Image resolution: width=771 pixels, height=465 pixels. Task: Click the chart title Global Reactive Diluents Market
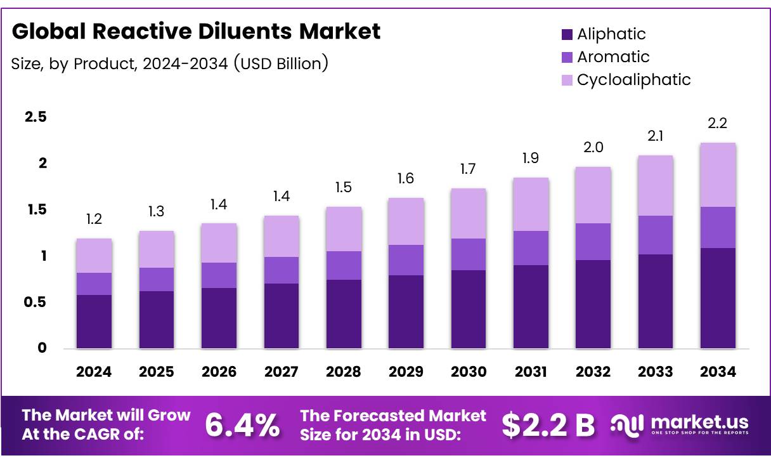[196, 31]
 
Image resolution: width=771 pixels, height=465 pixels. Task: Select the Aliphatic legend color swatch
[567, 34]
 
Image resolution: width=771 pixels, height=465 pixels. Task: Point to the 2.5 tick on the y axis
[36, 117]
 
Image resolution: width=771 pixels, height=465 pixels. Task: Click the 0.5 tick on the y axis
[36, 303]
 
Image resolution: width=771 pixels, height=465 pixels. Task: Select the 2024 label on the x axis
[94, 372]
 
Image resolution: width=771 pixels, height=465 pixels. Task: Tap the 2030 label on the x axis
[469, 372]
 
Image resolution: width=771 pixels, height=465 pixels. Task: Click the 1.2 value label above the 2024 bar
[94, 220]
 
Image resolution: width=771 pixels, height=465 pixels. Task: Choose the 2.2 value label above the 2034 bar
[717, 124]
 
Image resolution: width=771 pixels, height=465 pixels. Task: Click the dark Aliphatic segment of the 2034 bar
[718, 298]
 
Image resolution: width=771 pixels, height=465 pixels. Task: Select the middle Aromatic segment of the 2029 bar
[406, 260]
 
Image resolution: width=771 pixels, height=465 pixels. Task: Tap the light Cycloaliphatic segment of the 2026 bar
[219, 243]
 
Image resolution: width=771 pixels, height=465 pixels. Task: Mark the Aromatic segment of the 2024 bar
[94, 284]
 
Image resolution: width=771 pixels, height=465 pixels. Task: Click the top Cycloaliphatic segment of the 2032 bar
[593, 195]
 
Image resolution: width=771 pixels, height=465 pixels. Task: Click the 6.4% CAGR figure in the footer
[242, 426]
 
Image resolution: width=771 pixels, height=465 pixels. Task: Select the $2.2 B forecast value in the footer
[548, 426]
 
